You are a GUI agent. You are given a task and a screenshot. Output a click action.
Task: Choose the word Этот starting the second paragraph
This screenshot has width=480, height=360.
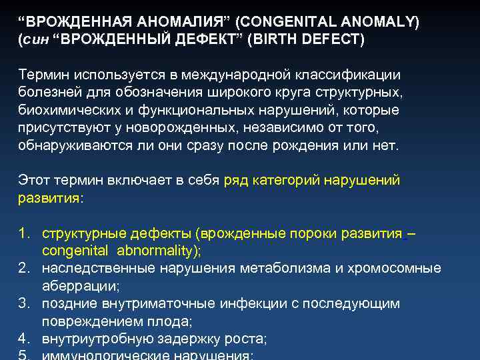33,179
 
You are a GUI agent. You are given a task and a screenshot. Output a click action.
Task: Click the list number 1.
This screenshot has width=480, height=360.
24,234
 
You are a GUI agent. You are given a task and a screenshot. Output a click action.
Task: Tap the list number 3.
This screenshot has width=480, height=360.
24,303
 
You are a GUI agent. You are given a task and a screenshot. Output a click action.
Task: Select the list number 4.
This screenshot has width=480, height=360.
24,339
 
